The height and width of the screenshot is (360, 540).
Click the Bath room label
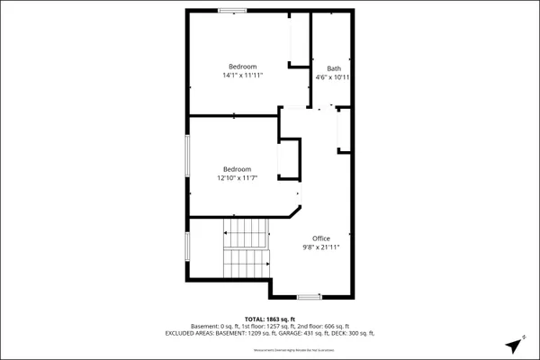[334, 68]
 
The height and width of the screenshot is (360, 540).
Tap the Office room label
[320, 238]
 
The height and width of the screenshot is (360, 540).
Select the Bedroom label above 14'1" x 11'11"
[242, 67]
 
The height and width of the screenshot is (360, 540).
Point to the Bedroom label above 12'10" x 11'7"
[238, 168]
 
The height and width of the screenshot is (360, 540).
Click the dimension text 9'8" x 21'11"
[320, 247]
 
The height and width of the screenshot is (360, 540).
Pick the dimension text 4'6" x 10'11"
[334, 77]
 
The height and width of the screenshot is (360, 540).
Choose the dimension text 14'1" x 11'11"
[242, 76]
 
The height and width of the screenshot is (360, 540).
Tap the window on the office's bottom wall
[309, 296]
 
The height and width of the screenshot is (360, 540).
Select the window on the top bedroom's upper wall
[231, 10]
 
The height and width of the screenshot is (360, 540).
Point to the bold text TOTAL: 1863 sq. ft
[270, 319]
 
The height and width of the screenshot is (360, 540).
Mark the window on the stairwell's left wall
[187, 246]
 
